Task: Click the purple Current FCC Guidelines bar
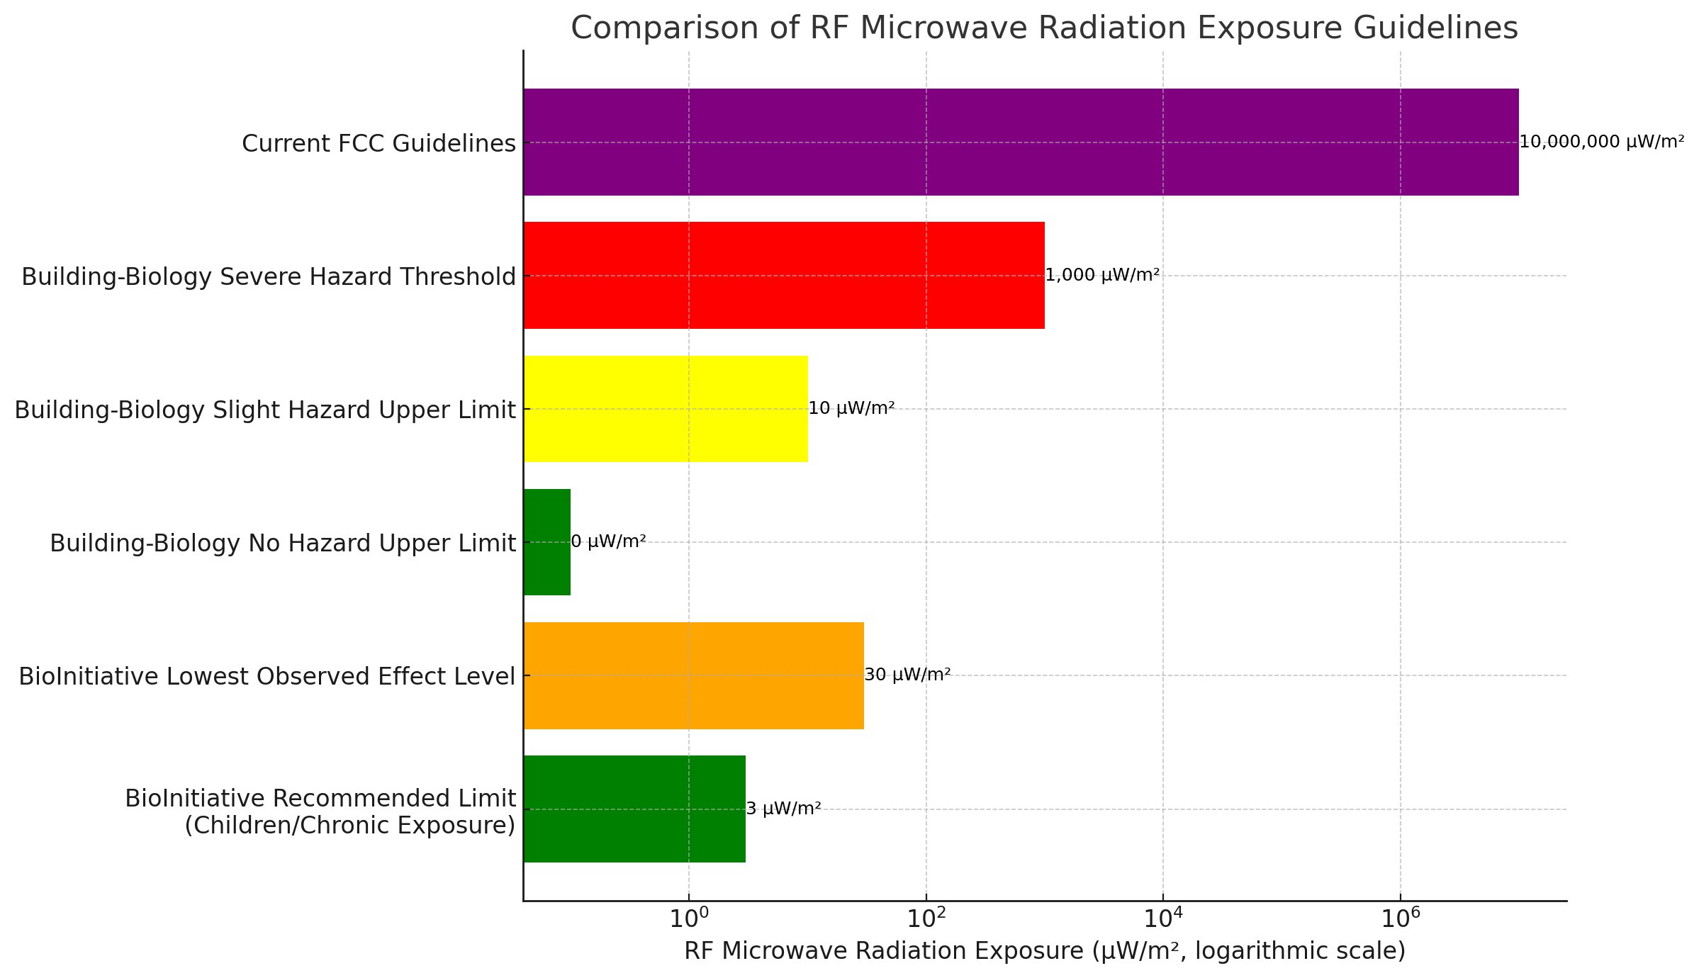[1021, 142]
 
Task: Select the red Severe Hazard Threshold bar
[783, 275]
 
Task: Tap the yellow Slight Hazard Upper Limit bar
[665, 409]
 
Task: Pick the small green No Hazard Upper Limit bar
[546, 542]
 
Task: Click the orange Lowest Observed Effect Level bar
[693, 675]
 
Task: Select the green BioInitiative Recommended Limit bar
[634, 809]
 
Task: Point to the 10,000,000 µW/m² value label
[1601, 142]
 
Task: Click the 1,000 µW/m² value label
[1102, 275]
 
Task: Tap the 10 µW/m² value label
[851, 408]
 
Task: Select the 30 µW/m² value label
[907, 675]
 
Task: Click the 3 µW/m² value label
[783, 809]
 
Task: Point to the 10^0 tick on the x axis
[688, 918]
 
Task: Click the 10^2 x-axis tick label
[926, 918]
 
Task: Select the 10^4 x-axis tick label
[1162, 918]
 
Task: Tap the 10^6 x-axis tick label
[1400, 918]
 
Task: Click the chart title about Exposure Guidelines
[1044, 28]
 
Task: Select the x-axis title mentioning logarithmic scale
[1044, 951]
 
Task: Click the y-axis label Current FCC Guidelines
[379, 144]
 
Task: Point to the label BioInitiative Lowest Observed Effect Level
[267, 677]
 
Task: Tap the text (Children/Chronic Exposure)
[349, 826]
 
